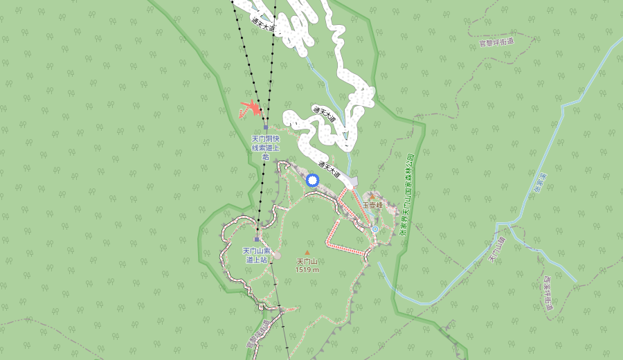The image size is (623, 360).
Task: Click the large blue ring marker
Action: [x=312, y=181]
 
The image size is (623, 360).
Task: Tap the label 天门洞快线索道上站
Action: [x=265, y=147]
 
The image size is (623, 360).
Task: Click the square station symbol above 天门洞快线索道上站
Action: [x=266, y=128]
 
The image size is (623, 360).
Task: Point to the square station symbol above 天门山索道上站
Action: [x=256, y=240]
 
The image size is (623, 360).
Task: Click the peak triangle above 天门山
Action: [x=307, y=253]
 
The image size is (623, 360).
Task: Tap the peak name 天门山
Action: [x=307, y=262]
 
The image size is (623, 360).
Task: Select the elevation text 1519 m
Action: [x=307, y=269]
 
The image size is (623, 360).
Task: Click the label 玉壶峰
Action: [x=372, y=206]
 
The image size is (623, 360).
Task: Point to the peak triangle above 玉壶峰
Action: [x=372, y=198]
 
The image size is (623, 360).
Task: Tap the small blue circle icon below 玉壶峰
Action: [x=374, y=229]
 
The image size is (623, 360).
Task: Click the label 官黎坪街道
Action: [x=497, y=42]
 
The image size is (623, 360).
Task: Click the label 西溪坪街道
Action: [x=547, y=294]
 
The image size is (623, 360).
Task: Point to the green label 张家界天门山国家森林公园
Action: [x=407, y=194]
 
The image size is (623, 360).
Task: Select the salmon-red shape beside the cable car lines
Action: [x=251, y=109]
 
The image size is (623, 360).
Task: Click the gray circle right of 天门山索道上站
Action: [x=277, y=255]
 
